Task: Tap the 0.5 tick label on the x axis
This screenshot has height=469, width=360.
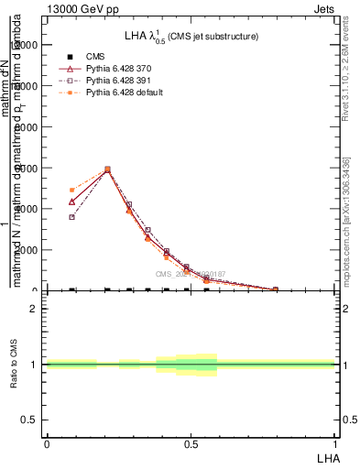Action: pos(190,443)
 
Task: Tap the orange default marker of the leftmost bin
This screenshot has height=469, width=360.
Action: pos(71,190)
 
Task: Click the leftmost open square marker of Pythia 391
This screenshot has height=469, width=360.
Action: pos(71,217)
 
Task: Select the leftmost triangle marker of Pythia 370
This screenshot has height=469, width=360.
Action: pos(71,202)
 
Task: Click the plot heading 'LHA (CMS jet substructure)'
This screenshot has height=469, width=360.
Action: pos(191,37)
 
